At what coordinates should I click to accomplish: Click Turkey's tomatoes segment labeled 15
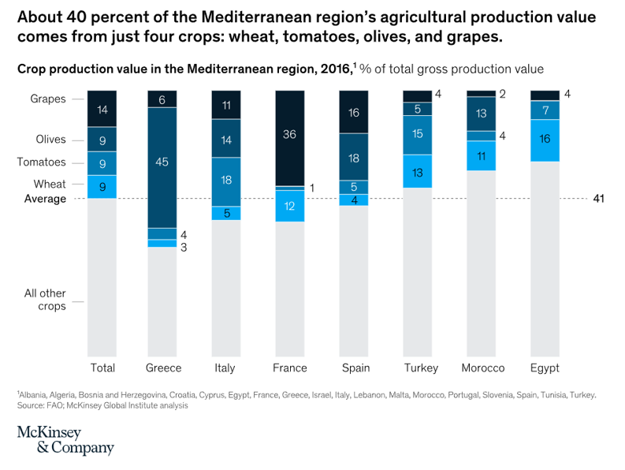417,134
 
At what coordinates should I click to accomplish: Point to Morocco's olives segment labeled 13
481,113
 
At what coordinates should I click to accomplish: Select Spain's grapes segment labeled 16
354,112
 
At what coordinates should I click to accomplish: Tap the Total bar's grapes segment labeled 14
102,110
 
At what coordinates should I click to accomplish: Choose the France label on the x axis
289,368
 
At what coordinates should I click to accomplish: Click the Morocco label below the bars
482,368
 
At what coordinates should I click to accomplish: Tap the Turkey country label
416,368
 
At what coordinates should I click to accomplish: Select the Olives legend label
50,140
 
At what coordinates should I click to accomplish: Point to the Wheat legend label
50,184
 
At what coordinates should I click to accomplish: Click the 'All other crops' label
45,300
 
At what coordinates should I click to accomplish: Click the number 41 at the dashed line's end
598,199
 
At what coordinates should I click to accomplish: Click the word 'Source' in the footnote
31,405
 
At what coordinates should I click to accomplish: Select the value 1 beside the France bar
311,188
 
